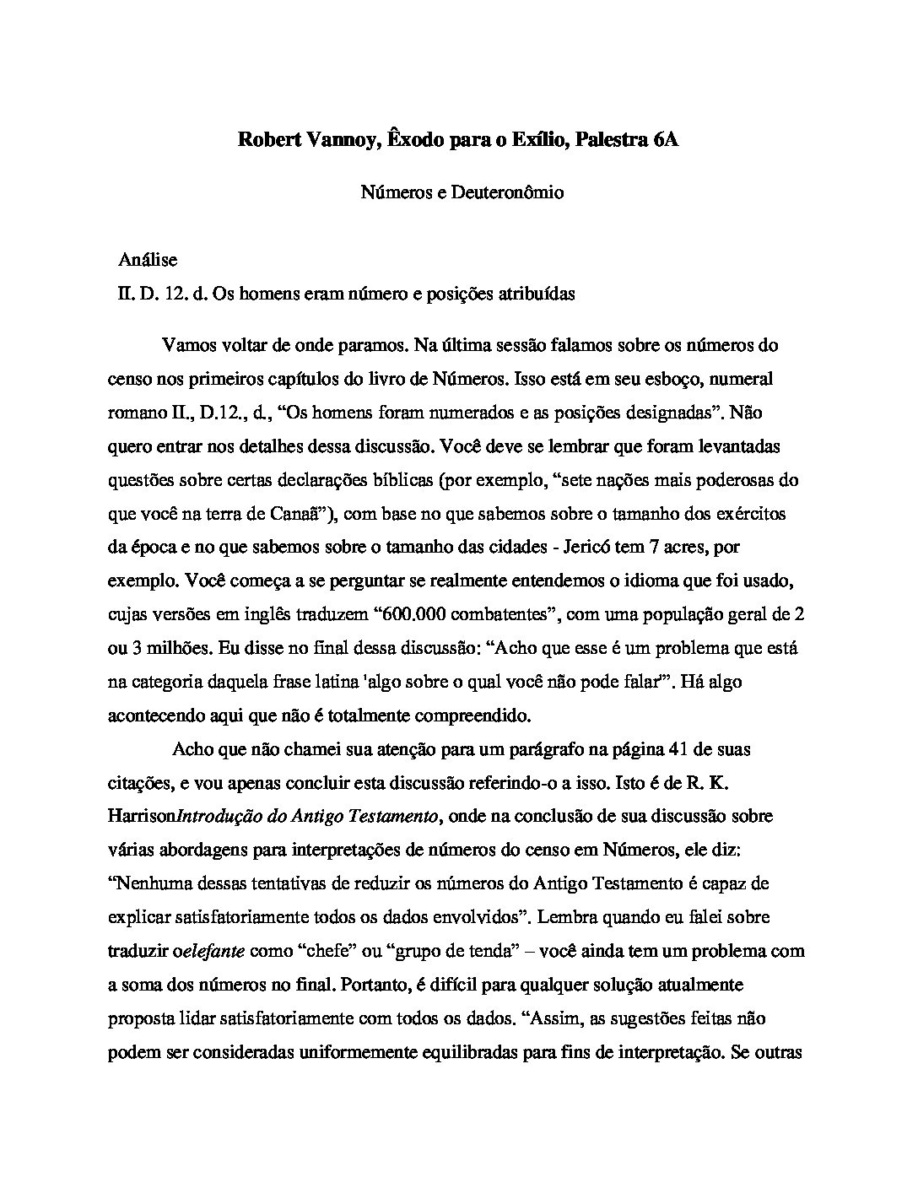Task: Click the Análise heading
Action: (x=148, y=261)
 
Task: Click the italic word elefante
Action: (x=214, y=951)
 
